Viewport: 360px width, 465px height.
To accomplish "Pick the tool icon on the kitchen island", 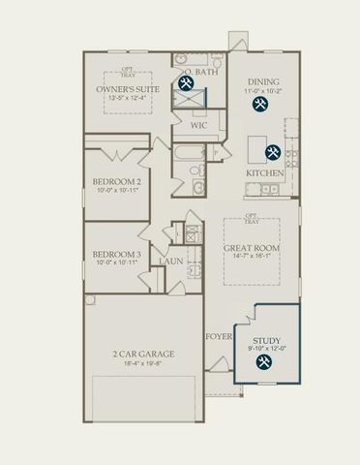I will (273, 152).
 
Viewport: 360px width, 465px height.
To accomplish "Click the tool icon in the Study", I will (263, 363).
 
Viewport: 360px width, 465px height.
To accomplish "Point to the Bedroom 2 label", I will (117, 181).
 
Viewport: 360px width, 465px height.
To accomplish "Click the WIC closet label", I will (198, 125).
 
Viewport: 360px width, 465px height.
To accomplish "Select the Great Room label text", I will (252, 248).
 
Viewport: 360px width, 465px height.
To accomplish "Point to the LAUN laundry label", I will (172, 261).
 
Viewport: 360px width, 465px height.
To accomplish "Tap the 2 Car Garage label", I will (142, 355).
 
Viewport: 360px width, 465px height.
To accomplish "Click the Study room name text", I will (266, 341).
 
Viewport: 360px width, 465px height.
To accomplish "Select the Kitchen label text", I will (264, 172).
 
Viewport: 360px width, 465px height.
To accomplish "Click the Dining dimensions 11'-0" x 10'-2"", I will (263, 92).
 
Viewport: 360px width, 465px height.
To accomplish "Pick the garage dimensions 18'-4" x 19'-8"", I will (142, 365).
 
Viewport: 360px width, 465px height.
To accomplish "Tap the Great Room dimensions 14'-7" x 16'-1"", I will (252, 257).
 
